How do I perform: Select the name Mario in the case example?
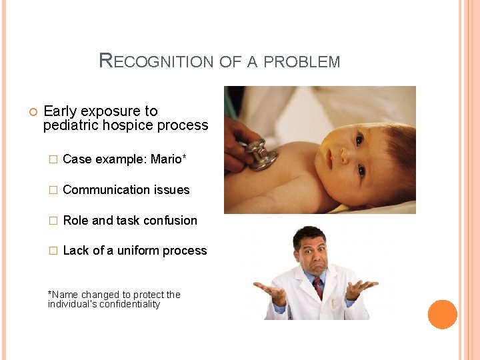166,159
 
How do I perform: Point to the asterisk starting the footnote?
50,293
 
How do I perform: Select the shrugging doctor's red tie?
318,287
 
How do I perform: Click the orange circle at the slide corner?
442,314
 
